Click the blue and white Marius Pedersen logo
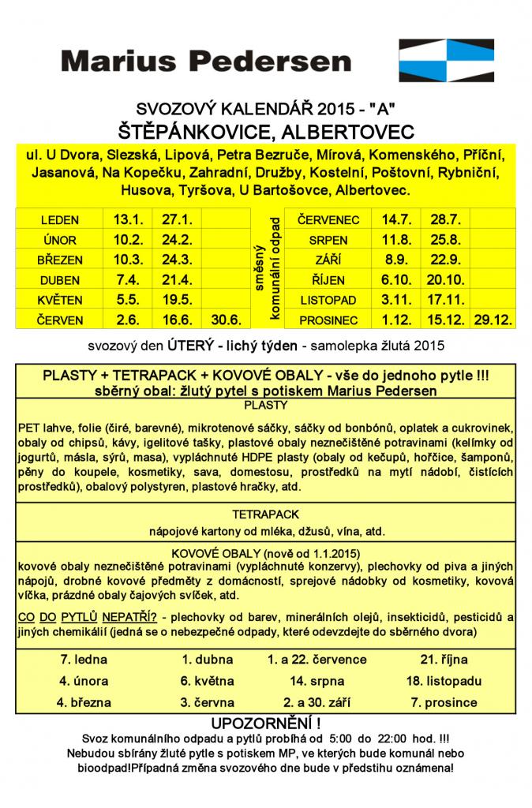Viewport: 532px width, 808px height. point(447,62)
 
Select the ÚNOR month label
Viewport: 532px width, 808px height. point(58,239)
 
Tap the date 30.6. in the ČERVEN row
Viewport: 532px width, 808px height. point(226,320)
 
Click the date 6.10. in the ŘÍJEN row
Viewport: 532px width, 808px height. point(395,279)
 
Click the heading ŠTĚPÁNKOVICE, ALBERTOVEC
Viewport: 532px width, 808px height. point(266,129)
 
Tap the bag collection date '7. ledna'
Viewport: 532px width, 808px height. point(83,660)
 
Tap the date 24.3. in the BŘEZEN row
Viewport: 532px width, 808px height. point(177,260)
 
